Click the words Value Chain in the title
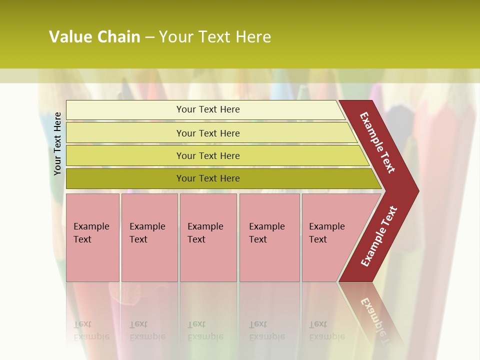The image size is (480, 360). [94, 37]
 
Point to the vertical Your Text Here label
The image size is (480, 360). [57, 143]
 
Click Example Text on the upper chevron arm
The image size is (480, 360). [377, 142]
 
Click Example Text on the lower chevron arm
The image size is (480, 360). [379, 236]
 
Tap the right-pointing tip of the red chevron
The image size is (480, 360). [415, 190]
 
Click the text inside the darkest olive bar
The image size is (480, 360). [208, 178]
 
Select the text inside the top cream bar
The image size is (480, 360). [208, 109]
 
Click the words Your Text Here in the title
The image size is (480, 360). [215, 37]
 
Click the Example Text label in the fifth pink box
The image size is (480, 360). [326, 232]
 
